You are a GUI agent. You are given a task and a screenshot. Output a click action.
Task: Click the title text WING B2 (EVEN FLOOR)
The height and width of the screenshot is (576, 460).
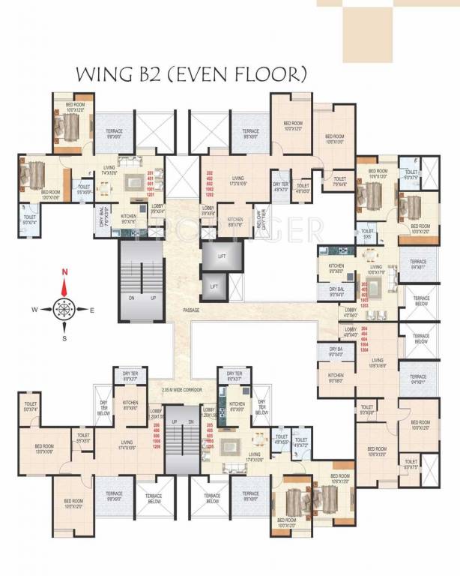point(191,74)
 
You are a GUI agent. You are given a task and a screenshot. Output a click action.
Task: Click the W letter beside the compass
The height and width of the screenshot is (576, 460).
point(34,309)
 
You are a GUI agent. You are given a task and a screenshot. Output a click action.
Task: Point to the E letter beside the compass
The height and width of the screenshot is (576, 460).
point(92,309)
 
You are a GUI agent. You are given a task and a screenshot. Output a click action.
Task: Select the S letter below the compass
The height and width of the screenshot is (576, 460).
point(64,337)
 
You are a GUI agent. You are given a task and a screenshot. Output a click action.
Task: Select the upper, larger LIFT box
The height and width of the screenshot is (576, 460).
point(222,256)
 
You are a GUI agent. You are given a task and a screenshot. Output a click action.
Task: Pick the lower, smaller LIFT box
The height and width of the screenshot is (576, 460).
point(214,286)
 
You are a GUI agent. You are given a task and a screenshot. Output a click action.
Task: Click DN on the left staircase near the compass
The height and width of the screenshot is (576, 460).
point(130,296)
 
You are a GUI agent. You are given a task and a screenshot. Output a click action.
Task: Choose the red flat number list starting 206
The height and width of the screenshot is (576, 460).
point(157,436)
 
